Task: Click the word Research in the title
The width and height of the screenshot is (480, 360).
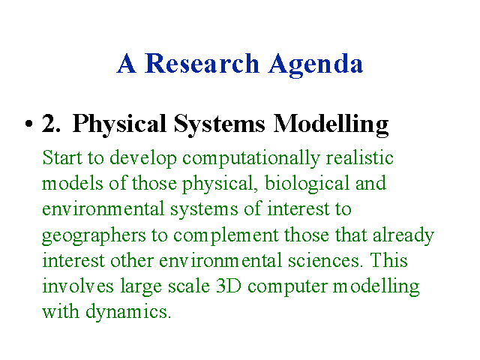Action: point(202,63)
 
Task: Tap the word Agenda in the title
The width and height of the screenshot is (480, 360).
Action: point(316,65)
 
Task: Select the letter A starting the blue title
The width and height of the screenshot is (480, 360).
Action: point(126,63)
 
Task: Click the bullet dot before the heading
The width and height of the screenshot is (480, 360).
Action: point(28,123)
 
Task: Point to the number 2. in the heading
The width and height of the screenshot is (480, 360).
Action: point(51,123)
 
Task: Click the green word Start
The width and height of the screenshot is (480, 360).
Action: point(62,157)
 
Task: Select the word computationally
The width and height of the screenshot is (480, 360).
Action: point(251,159)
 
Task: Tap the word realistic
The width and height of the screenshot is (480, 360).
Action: point(359,157)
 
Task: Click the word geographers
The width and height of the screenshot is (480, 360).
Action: point(94,236)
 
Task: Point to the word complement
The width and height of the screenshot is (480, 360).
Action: point(226,236)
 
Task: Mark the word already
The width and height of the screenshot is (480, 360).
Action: point(403,236)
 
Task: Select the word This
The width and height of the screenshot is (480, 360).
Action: point(388,260)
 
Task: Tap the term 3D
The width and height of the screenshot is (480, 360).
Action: point(228,286)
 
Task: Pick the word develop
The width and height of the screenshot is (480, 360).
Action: point(143,159)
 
